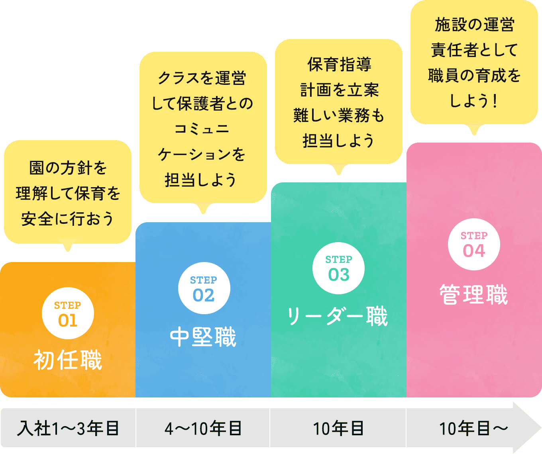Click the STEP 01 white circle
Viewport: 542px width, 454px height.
pyautogui.click(x=68, y=313)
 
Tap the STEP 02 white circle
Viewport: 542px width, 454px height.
pyautogui.click(x=204, y=288)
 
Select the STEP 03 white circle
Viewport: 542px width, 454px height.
pyautogui.click(x=338, y=268)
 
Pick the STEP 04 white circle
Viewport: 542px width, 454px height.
pyautogui.click(x=474, y=244)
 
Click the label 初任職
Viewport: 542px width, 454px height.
pyautogui.click(x=68, y=360)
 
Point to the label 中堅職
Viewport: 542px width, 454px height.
pyautogui.click(x=203, y=337)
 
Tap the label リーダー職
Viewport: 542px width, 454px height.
pyautogui.click(x=337, y=317)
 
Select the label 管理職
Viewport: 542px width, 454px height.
pyautogui.click(x=473, y=295)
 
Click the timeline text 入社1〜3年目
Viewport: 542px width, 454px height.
pyautogui.click(x=68, y=429)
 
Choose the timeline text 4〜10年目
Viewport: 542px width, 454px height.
pyautogui.click(x=203, y=429)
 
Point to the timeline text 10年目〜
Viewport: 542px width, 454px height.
pyautogui.click(x=473, y=429)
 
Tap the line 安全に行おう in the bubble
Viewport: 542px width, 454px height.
pyautogui.click(x=68, y=219)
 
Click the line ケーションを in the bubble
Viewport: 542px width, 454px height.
pyautogui.click(x=202, y=154)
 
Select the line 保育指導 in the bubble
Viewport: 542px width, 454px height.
pyautogui.click(x=339, y=65)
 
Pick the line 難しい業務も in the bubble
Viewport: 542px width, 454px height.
pyautogui.click(x=339, y=115)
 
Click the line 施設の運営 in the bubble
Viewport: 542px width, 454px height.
pyautogui.click(x=474, y=25)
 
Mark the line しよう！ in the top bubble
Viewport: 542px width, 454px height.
pyautogui.click(x=473, y=101)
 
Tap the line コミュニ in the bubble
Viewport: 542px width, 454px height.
pyautogui.click(x=202, y=129)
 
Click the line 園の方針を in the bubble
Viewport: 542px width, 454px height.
pyautogui.click(x=68, y=168)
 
